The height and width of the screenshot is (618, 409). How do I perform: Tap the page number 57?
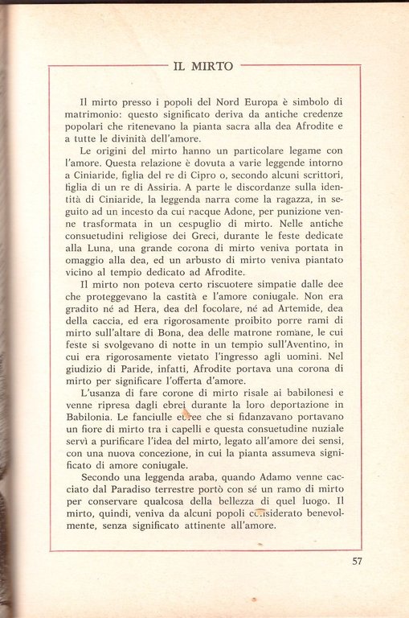358,562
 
